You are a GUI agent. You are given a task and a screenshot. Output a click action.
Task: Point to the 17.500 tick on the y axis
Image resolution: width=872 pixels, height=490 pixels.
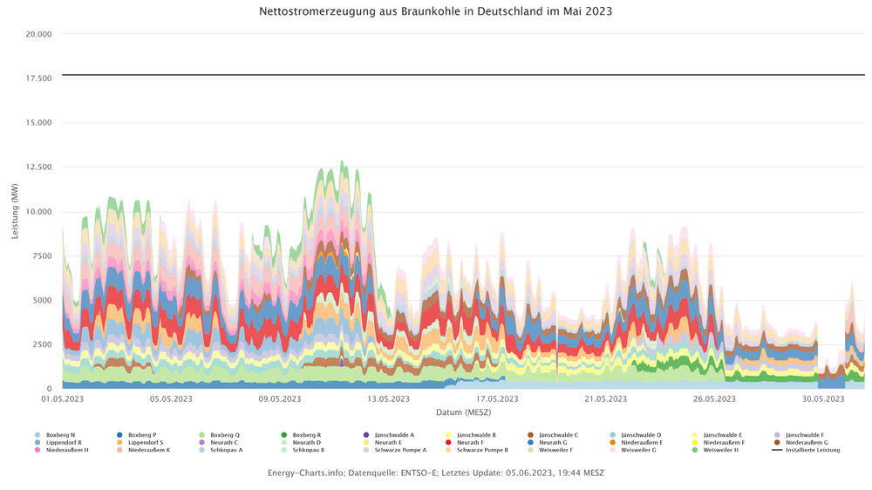[39, 78]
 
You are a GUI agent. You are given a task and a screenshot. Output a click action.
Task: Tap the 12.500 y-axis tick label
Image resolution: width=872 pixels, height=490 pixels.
[39, 167]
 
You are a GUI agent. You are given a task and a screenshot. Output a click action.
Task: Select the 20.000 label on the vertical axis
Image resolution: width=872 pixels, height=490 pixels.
[39, 34]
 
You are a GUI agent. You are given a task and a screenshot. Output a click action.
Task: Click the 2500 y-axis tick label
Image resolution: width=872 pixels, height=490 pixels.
[42, 344]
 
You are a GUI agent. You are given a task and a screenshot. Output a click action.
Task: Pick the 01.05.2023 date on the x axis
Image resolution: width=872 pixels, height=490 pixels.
[63, 399]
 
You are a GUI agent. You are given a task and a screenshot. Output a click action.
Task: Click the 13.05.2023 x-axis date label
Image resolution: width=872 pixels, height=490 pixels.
[388, 399]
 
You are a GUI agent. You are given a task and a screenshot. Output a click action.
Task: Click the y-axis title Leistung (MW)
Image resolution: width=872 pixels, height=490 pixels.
[16, 212]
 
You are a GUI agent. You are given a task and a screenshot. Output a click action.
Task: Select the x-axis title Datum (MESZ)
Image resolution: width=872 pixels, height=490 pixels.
[463, 411]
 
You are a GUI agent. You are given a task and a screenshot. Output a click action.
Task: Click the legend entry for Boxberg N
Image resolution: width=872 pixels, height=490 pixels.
[60, 434]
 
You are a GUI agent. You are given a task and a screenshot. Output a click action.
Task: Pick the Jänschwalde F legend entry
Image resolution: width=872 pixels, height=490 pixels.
[804, 434]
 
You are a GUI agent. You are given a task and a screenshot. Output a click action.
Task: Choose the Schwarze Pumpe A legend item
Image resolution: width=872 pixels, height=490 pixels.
[399, 450]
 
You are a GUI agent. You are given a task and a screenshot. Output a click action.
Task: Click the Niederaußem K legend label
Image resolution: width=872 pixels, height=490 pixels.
[149, 450]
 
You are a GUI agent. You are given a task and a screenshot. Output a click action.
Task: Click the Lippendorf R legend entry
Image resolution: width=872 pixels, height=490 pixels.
[64, 442]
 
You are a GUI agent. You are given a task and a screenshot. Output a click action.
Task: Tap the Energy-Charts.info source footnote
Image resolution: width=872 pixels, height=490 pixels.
[436, 473]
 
